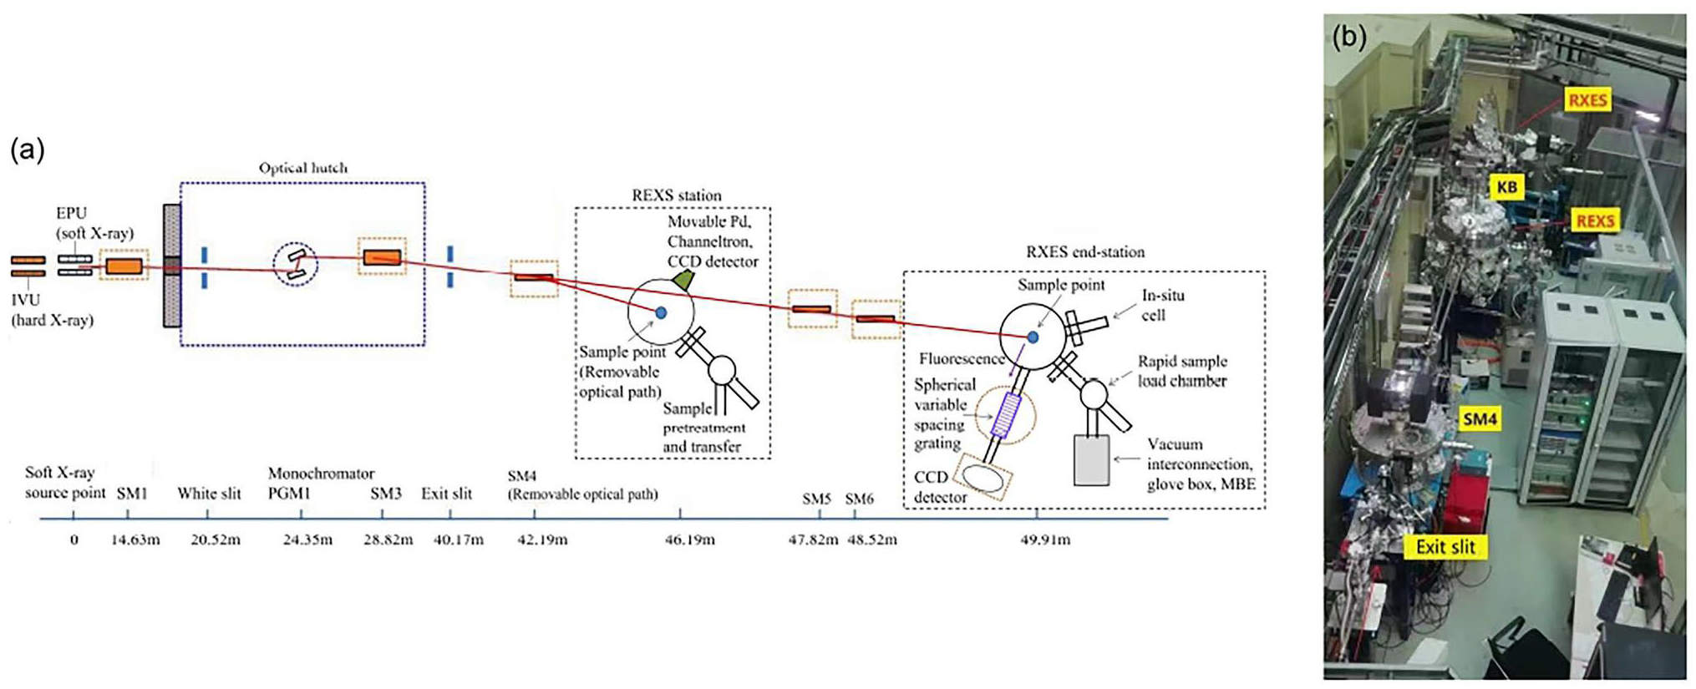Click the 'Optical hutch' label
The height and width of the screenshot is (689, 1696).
point(302,168)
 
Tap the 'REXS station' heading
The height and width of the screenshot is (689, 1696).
point(676,195)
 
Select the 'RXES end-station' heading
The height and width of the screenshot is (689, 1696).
point(1084,252)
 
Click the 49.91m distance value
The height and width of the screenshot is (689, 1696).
point(1044,540)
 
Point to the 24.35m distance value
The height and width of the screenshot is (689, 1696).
point(307,540)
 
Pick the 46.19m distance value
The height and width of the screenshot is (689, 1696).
point(689,540)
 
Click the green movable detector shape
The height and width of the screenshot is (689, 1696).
point(683,280)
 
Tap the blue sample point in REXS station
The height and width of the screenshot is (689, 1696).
point(661,312)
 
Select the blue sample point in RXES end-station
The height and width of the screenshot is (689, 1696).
point(1033,337)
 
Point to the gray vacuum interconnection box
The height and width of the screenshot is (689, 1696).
point(1091,459)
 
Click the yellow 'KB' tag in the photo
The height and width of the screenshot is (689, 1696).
point(1506,187)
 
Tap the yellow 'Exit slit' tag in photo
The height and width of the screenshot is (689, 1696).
point(1445,547)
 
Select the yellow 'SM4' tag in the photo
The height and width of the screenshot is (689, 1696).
point(1479,419)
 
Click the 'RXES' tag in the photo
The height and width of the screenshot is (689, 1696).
point(1587,100)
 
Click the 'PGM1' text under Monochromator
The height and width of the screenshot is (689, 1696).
point(289,493)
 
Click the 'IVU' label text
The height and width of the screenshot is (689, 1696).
point(26,300)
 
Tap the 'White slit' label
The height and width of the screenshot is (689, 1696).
point(209,494)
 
